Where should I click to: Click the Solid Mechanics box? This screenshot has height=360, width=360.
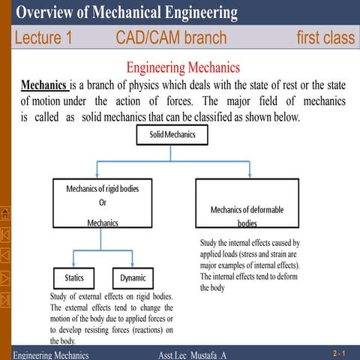point(172,135)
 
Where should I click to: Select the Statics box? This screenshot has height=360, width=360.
point(74,278)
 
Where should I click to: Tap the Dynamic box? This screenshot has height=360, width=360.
point(133,278)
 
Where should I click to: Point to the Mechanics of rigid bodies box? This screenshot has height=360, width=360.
point(102,203)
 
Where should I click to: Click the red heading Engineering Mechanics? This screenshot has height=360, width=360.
point(183,68)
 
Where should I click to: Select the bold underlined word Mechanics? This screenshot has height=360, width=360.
point(43,85)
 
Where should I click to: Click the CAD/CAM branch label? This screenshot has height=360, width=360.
point(171,38)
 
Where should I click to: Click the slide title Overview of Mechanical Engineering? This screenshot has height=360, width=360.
point(127,13)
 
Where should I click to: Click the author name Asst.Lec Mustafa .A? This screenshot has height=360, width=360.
point(193,354)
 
